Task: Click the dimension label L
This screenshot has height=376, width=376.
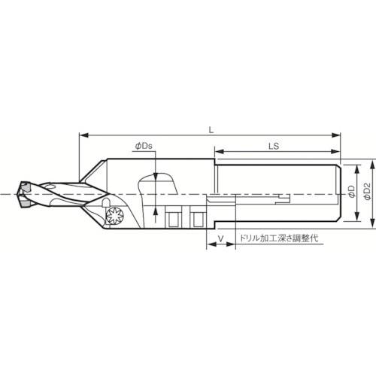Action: (x=211, y=130)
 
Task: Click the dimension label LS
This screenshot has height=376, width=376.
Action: (x=274, y=146)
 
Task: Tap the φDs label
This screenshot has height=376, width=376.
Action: (x=144, y=146)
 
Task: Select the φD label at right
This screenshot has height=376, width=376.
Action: (x=352, y=192)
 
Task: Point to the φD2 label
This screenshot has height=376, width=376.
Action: (x=367, y=191)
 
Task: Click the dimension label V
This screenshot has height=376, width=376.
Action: (x=220, y=238)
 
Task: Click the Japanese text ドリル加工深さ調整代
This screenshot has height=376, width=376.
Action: (x=279, y=238)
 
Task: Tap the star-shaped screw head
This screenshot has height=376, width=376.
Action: (x=115, y=215)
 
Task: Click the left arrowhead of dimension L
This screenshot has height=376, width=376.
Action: (x=83, y=135)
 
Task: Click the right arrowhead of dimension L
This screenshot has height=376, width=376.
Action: (x=336, y=135)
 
